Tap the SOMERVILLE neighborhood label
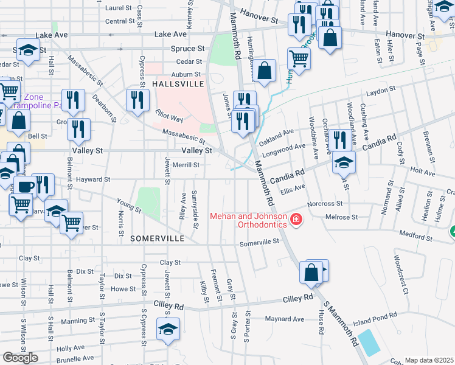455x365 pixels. (156, 239)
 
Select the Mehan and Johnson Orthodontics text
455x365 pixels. (248, 220)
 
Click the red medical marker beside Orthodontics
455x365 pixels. (296, 220)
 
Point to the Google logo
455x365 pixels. (20, 358)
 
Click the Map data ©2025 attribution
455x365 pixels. (429, 360)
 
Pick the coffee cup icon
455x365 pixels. (25, 186)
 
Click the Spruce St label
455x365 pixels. (187, 48)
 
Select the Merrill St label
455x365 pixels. (186, 164)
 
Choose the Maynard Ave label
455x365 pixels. (285, 319)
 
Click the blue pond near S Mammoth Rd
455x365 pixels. (369, 343)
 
